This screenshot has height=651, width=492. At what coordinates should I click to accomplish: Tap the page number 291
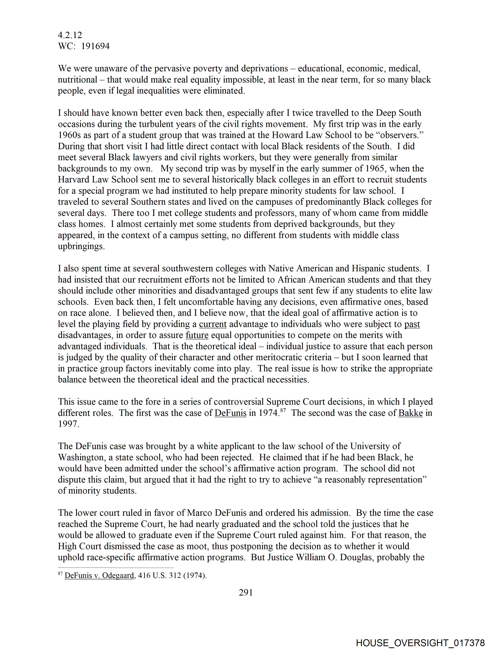(246, 592)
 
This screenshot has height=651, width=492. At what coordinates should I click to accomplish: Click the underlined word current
(212, 324)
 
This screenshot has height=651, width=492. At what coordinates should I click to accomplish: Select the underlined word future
(197, 335)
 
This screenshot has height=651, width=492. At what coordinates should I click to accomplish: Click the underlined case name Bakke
(410, 413)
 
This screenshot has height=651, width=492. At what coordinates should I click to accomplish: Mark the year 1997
(68, 424)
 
